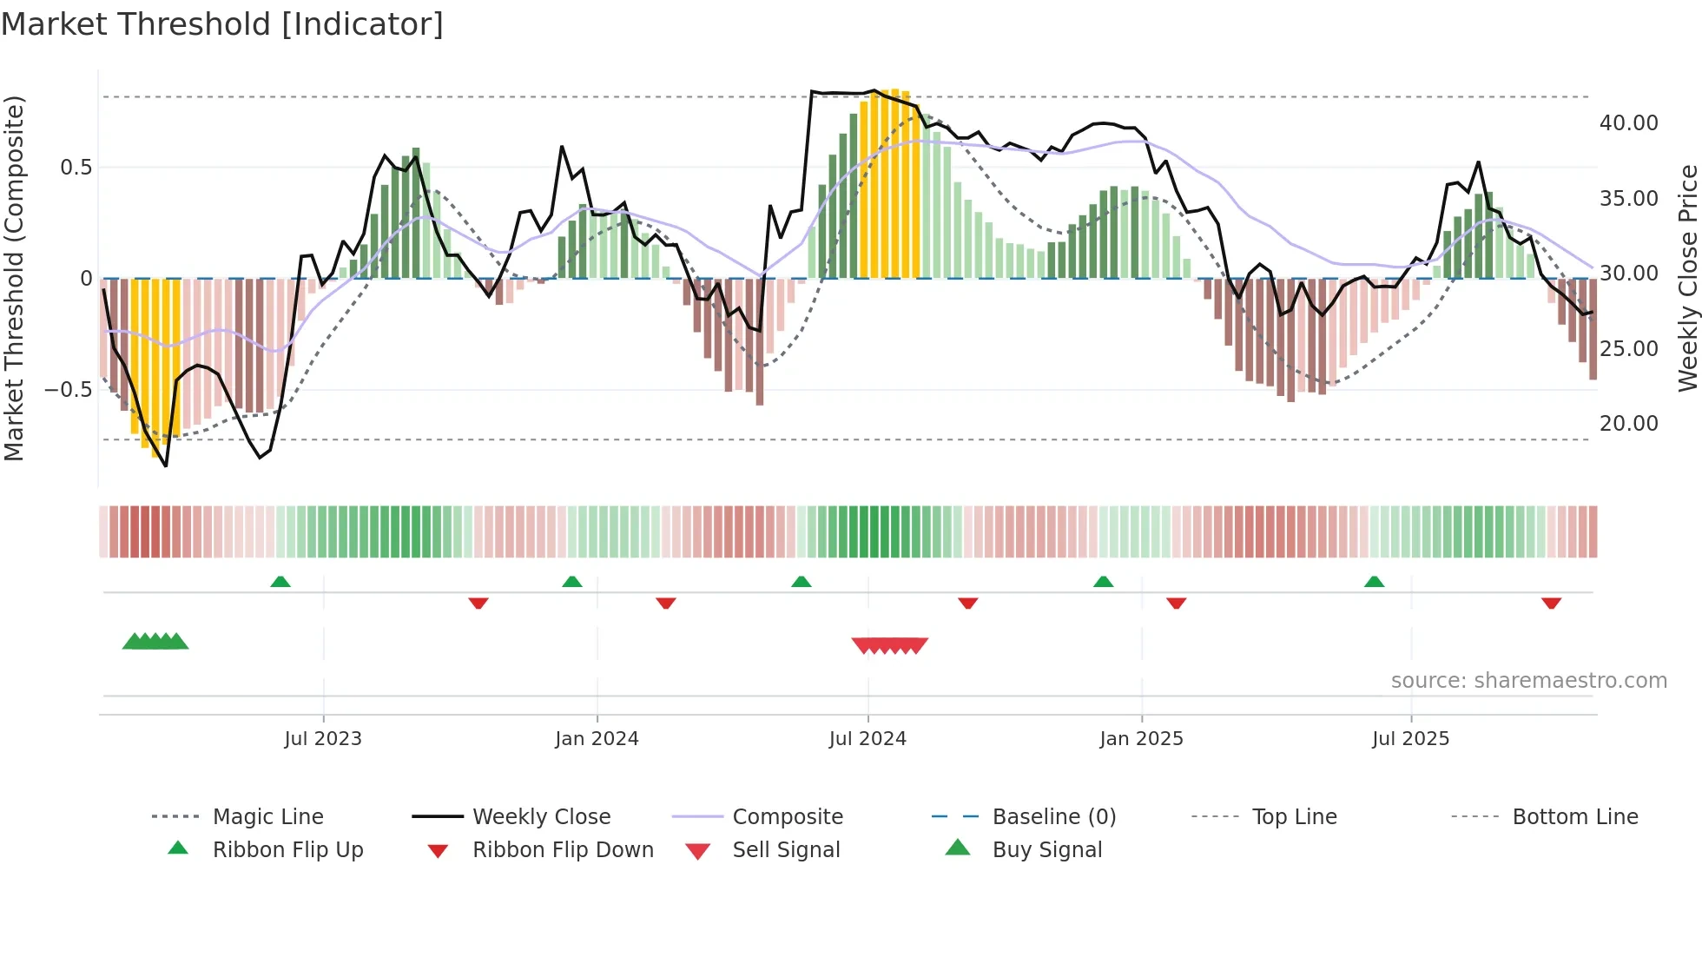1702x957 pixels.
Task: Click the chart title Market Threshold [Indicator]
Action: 222,24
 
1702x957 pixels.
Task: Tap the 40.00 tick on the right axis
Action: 1628,123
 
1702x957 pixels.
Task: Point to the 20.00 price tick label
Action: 1628,424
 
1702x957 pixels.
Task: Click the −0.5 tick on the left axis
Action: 69,390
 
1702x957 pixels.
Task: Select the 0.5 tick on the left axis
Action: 76,168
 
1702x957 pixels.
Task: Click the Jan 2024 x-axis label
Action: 597,739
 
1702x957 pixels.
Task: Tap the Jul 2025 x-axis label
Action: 1410,739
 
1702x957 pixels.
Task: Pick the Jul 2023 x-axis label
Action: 323,739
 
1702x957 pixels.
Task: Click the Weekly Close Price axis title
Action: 1687,278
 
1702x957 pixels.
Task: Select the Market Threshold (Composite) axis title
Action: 14,278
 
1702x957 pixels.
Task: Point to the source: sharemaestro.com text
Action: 1528,681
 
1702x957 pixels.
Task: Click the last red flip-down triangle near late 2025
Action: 1551,603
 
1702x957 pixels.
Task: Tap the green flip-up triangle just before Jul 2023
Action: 280,582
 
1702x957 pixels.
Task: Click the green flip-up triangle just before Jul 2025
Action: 1374,582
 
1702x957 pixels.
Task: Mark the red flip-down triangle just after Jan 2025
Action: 1176,603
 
